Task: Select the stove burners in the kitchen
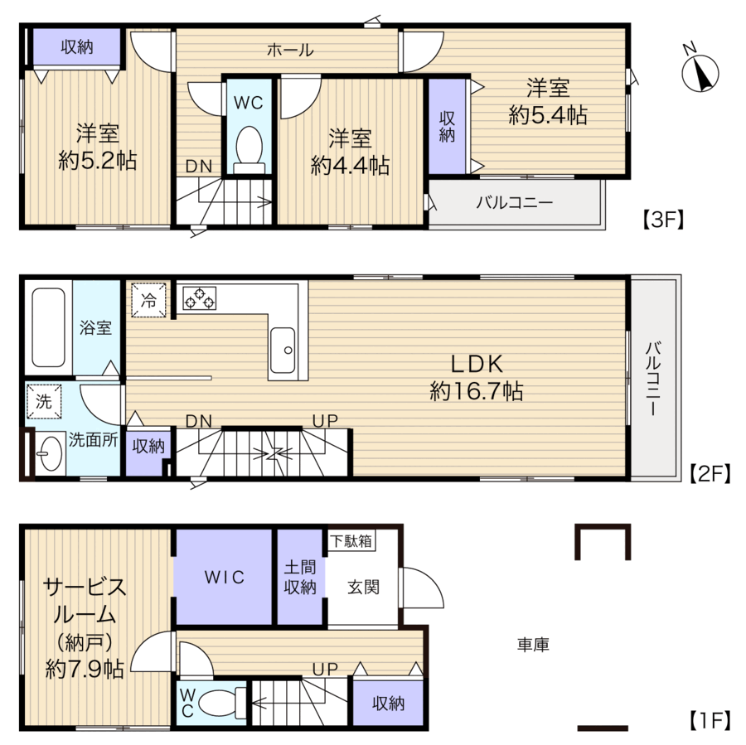(199, 298)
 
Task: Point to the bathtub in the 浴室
(48, 327)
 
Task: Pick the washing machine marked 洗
(44, 401)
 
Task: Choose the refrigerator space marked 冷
(149, 300)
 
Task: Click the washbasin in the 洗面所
(50, 453)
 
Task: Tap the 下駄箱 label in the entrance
(351, 541)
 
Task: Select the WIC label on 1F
(224, 577)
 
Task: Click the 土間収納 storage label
(300, 577)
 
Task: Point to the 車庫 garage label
(533, 645)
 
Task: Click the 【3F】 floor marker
(663, 220)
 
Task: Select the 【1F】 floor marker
(710, 721)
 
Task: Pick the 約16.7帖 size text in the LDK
(477, 391)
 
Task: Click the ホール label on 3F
(290, 50)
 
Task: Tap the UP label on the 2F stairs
(326, 420)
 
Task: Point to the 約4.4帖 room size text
(350, 166)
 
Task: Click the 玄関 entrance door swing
(423, 587)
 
